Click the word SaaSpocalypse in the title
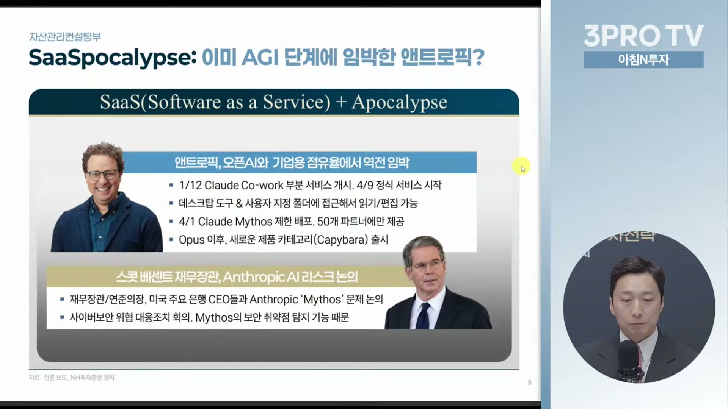click(113, 58)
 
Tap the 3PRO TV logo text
click(643, 36)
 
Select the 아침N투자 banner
click(643, 60)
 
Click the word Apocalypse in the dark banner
click(399, 103)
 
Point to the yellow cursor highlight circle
click(521, 166)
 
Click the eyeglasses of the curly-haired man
click(102, 175)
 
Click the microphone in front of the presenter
click(629, 360)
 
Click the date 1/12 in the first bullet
click(190, 185)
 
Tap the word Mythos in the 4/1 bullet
click(254, 222)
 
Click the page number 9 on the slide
click(529, 382)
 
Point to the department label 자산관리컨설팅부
click(65, 37)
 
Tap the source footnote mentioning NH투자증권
click(72, 377)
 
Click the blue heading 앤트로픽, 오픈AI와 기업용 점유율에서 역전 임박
click(292, 163)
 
